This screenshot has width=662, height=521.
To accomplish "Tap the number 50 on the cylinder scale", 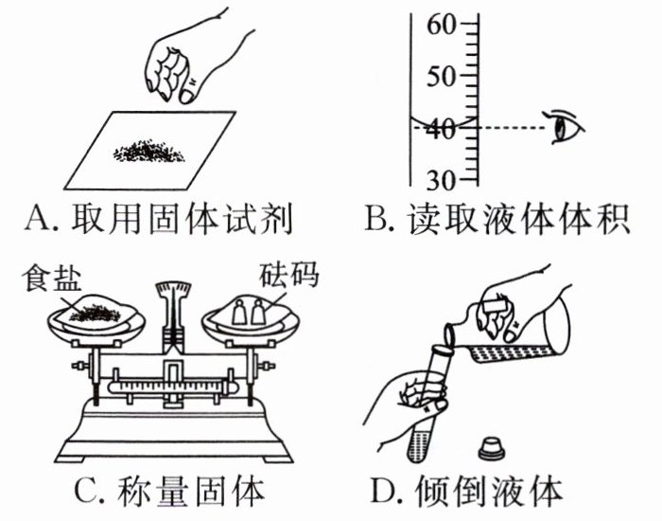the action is [443, 76].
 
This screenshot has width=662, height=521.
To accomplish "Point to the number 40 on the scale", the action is [442, 128].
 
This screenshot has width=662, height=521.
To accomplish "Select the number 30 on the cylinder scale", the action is [442, 179].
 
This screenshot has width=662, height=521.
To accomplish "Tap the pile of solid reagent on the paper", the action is [151, 150].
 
